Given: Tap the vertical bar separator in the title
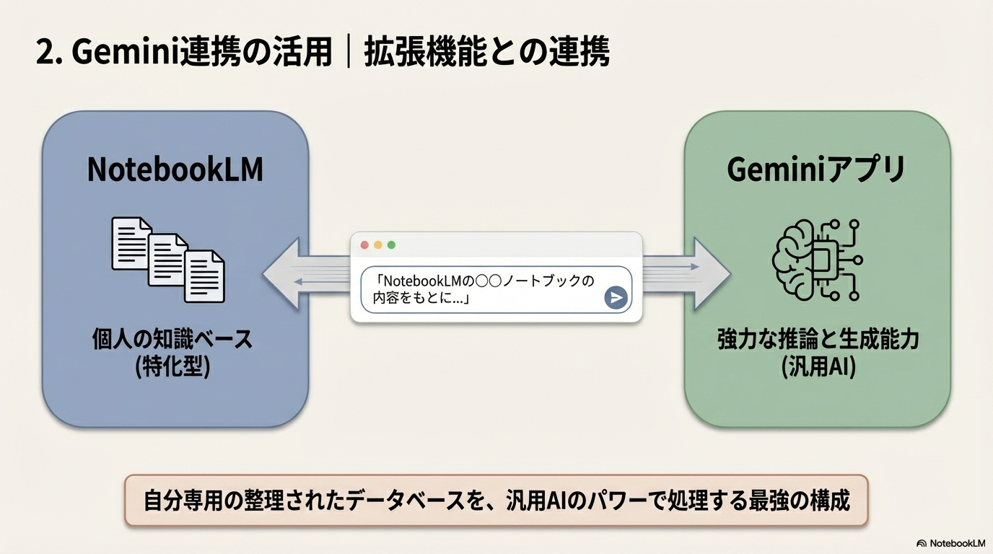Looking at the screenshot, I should (x=349, y=53).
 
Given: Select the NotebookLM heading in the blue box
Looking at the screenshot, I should (x=175, y=170).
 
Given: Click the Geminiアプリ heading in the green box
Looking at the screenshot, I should (x=816, y=170).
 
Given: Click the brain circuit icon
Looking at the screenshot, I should (x=816, y=260).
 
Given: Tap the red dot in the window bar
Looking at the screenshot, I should (x=364, y=245).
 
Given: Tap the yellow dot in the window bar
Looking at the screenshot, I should (x=377, y=245).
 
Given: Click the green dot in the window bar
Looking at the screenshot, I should (x=391, y=245).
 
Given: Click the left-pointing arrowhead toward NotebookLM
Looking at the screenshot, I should (x=281, y=274).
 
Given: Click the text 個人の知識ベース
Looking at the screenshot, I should (x=172, y=338).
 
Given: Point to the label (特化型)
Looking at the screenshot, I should (x=172, y=367).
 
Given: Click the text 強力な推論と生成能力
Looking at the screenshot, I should (x=818, y=339).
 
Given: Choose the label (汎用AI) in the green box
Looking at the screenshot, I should (x=818, y=367).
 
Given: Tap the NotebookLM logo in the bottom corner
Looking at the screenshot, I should (x=950, y=543).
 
